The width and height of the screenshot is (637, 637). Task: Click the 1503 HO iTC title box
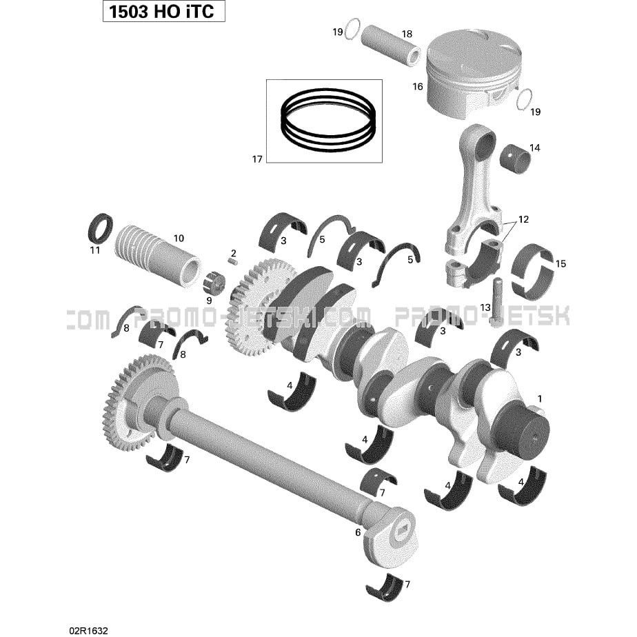coord(163,12)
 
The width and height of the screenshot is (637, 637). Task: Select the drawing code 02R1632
coord(88,630)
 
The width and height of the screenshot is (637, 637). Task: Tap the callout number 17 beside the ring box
coord(257,159)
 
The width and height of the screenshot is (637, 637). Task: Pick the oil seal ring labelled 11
coord(101,228)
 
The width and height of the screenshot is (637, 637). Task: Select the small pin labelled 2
coord(232,262)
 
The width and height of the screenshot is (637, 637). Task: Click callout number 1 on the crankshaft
coord(540,398)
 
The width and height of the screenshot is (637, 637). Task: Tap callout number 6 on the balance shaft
coord(358,532)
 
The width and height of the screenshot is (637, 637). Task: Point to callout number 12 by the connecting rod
coord(524,219)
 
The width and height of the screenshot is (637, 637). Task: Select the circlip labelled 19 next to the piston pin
coord(353,29)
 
